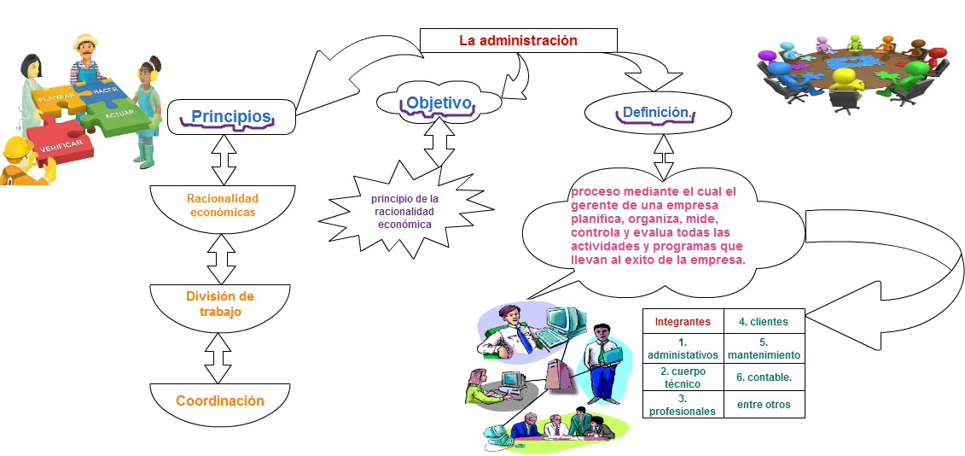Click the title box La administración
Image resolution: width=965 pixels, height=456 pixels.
coord(518,41)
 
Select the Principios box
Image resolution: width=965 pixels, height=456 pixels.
coord(231,116)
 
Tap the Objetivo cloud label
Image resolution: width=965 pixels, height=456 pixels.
coord(439,103)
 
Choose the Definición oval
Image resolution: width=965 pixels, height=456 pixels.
coord(658,113)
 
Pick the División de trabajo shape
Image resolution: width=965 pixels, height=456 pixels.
coord(220,306)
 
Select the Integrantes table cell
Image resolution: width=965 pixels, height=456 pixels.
coord(683,322)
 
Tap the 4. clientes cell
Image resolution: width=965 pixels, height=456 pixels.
coord(764,322)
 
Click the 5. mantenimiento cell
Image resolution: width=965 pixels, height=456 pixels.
coord(764,348)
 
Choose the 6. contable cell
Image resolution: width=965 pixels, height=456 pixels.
coord(764,377)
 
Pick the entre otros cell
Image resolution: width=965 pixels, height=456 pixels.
coord(764,404)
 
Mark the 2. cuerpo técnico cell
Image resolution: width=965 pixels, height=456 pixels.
coord(683,377)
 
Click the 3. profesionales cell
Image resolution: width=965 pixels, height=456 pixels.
coord(683,404)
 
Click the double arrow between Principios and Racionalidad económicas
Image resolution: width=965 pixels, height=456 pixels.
coord(224,160)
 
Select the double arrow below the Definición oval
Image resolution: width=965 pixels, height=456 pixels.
coord(664,156)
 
